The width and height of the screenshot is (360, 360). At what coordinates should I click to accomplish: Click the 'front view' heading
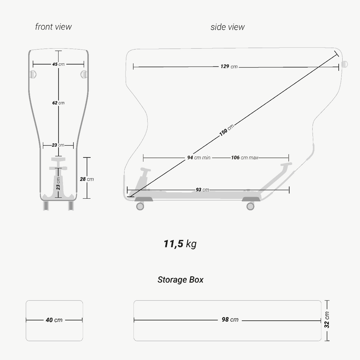coord(53,27)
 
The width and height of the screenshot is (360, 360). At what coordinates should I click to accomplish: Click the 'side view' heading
coord(227,27)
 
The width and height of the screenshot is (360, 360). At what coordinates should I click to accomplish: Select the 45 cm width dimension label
coord(58,64)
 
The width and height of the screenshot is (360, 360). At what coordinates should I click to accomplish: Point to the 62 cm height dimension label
coord(58,103)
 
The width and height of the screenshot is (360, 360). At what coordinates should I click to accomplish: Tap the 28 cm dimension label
coord(87,179)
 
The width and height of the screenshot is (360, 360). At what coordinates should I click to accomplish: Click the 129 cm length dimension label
coord(229,66)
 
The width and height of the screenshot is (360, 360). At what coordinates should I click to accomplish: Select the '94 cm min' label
coord(199,158)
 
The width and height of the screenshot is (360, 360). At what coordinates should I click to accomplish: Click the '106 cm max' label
coord(244,158)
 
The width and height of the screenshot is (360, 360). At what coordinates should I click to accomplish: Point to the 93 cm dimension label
coord(202,190)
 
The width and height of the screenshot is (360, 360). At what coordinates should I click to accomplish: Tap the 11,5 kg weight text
coord(180,244)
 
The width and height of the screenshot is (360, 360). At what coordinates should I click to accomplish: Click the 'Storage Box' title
coord(180,280)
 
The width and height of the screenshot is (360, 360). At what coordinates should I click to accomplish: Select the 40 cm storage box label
coord(54,320)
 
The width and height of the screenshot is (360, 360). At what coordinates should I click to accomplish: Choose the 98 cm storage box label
coord(230,320)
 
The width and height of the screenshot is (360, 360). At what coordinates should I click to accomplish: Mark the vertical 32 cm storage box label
coord(327,320)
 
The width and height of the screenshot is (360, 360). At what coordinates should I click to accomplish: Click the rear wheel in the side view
coord(140,206)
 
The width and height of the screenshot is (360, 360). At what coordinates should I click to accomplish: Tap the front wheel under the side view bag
coord(250,206)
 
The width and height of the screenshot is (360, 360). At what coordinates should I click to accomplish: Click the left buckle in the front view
coord(33,74)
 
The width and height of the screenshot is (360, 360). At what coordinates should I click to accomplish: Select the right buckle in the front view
coord(84,74)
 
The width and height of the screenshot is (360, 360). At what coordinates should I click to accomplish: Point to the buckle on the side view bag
coord(344,64)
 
